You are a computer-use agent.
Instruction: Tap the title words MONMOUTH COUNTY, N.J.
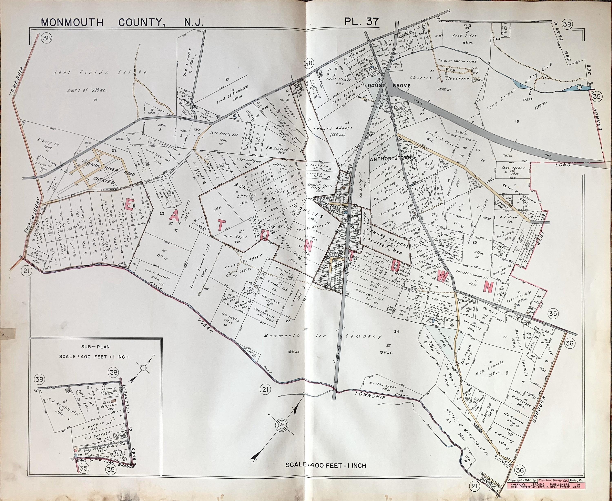point(122,22)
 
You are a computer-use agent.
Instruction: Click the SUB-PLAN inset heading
point(95,347)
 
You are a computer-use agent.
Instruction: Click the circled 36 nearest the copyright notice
point(519,470)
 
